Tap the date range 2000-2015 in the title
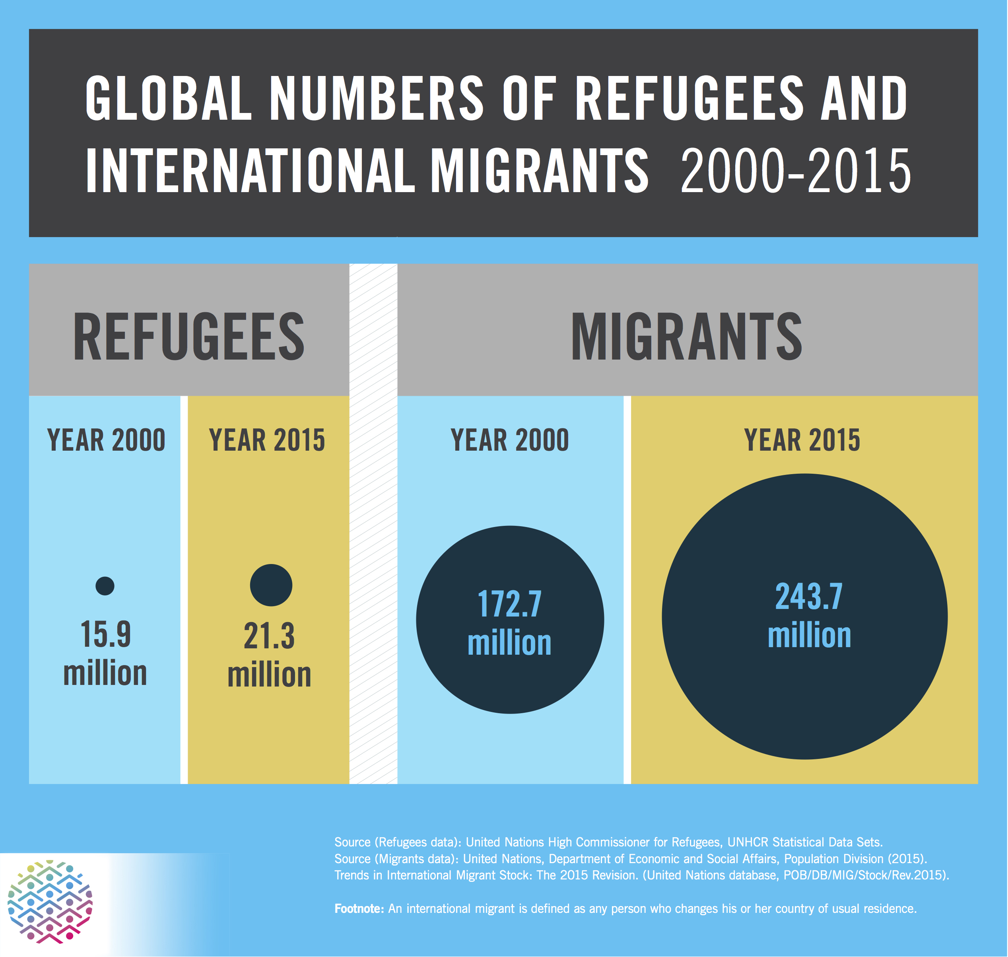click(795, 171)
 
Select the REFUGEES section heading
click(188, 337)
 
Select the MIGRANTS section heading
click(686, 337)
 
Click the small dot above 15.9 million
click(105, 585)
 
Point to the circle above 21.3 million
click(271, 585)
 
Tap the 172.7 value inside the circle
click(509, 605)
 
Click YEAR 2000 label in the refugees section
click(106, 440)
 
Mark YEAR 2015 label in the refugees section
click(267, 440)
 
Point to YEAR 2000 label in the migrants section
click(509, 440)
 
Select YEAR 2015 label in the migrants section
click(802, 440)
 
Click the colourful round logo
click(50, 902)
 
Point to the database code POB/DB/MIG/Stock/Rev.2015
click(864, 875)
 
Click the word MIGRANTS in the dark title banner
click(540, 171)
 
